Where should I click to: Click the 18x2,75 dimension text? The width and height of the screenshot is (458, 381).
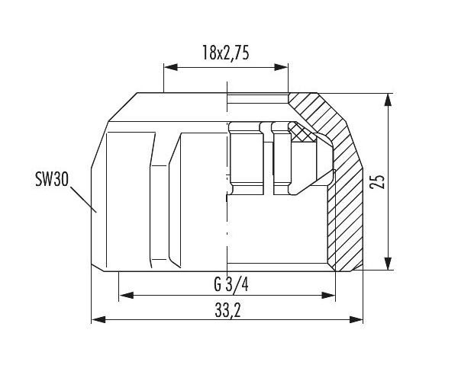tap(225, 53)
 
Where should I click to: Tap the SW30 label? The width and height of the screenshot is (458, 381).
tap(52, 179)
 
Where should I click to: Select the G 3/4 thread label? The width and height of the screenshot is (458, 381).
tap(231, 284)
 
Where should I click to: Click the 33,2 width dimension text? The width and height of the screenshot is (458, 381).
tap(227, 311)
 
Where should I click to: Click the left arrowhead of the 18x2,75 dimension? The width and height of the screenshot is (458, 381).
tap(171, 67)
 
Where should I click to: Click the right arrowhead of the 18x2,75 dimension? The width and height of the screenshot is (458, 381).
tap(281, 67)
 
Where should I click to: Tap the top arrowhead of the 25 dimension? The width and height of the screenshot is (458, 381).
tap(388, 100)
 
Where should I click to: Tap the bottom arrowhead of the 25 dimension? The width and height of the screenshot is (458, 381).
tap(388, 264)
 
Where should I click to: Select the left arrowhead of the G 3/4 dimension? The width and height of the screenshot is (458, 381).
tap(127, 296)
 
